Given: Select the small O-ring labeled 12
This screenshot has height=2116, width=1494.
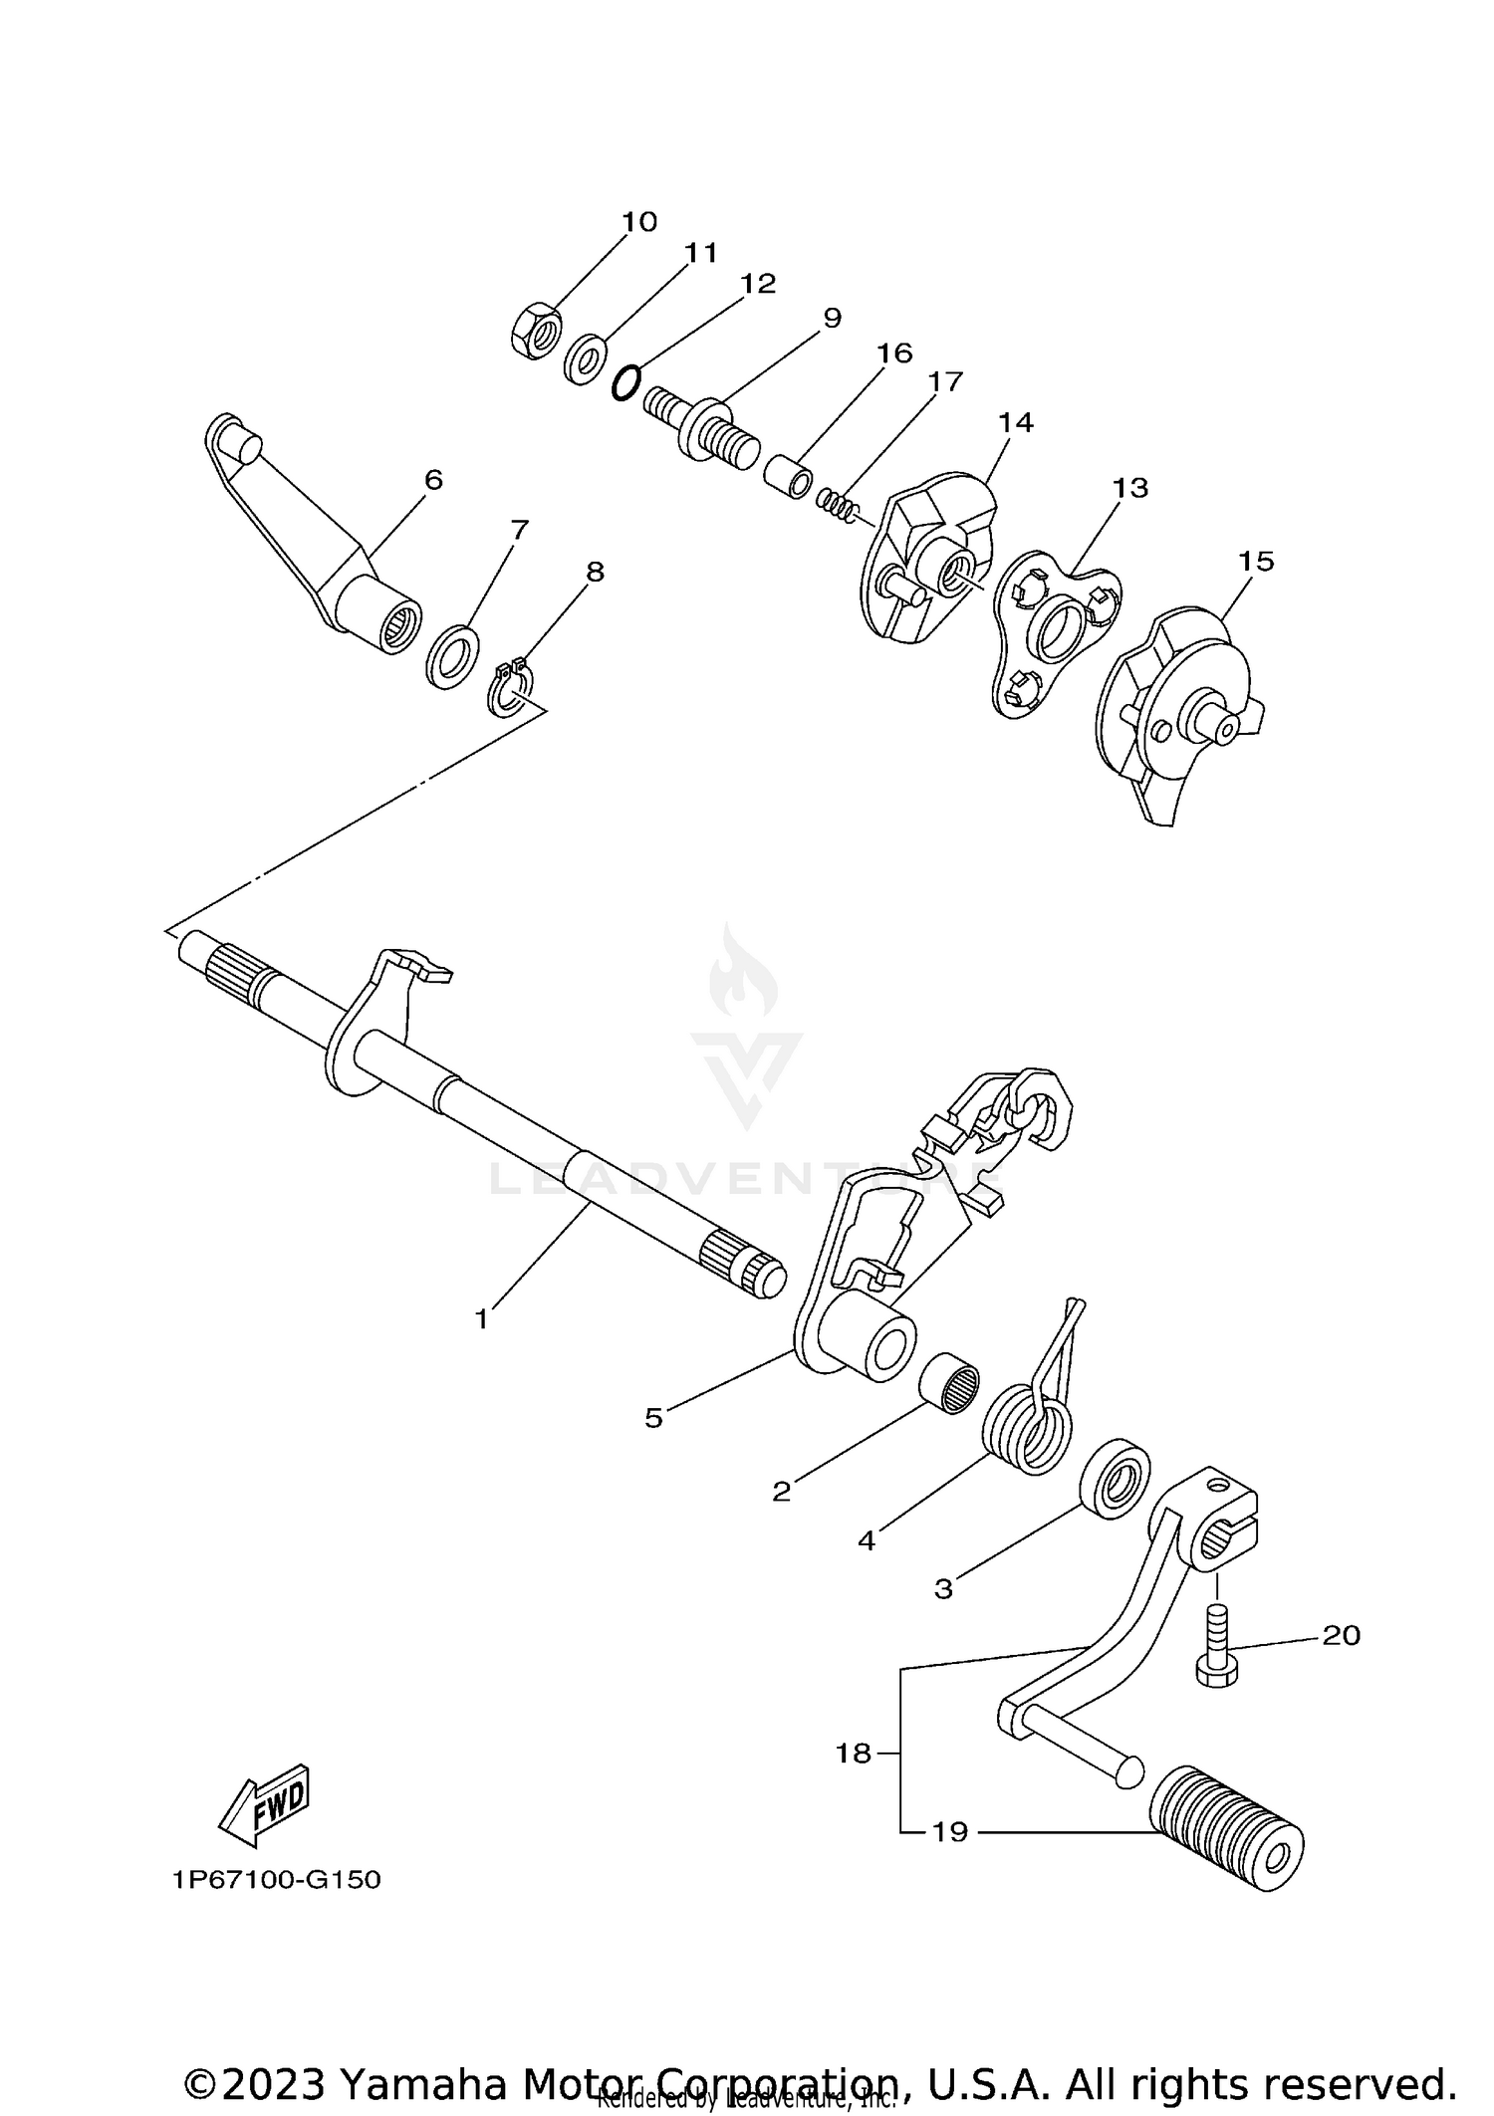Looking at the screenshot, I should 624,382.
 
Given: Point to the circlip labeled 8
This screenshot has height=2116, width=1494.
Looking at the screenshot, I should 512,690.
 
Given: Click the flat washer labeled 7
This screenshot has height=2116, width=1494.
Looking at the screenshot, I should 452,656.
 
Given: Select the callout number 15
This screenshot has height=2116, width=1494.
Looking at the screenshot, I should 1256,562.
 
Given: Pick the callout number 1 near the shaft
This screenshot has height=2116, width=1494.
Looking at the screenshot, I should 482,1320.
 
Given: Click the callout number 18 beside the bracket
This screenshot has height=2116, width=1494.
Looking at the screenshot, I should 854,1754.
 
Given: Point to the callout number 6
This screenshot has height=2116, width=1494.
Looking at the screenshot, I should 433,480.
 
